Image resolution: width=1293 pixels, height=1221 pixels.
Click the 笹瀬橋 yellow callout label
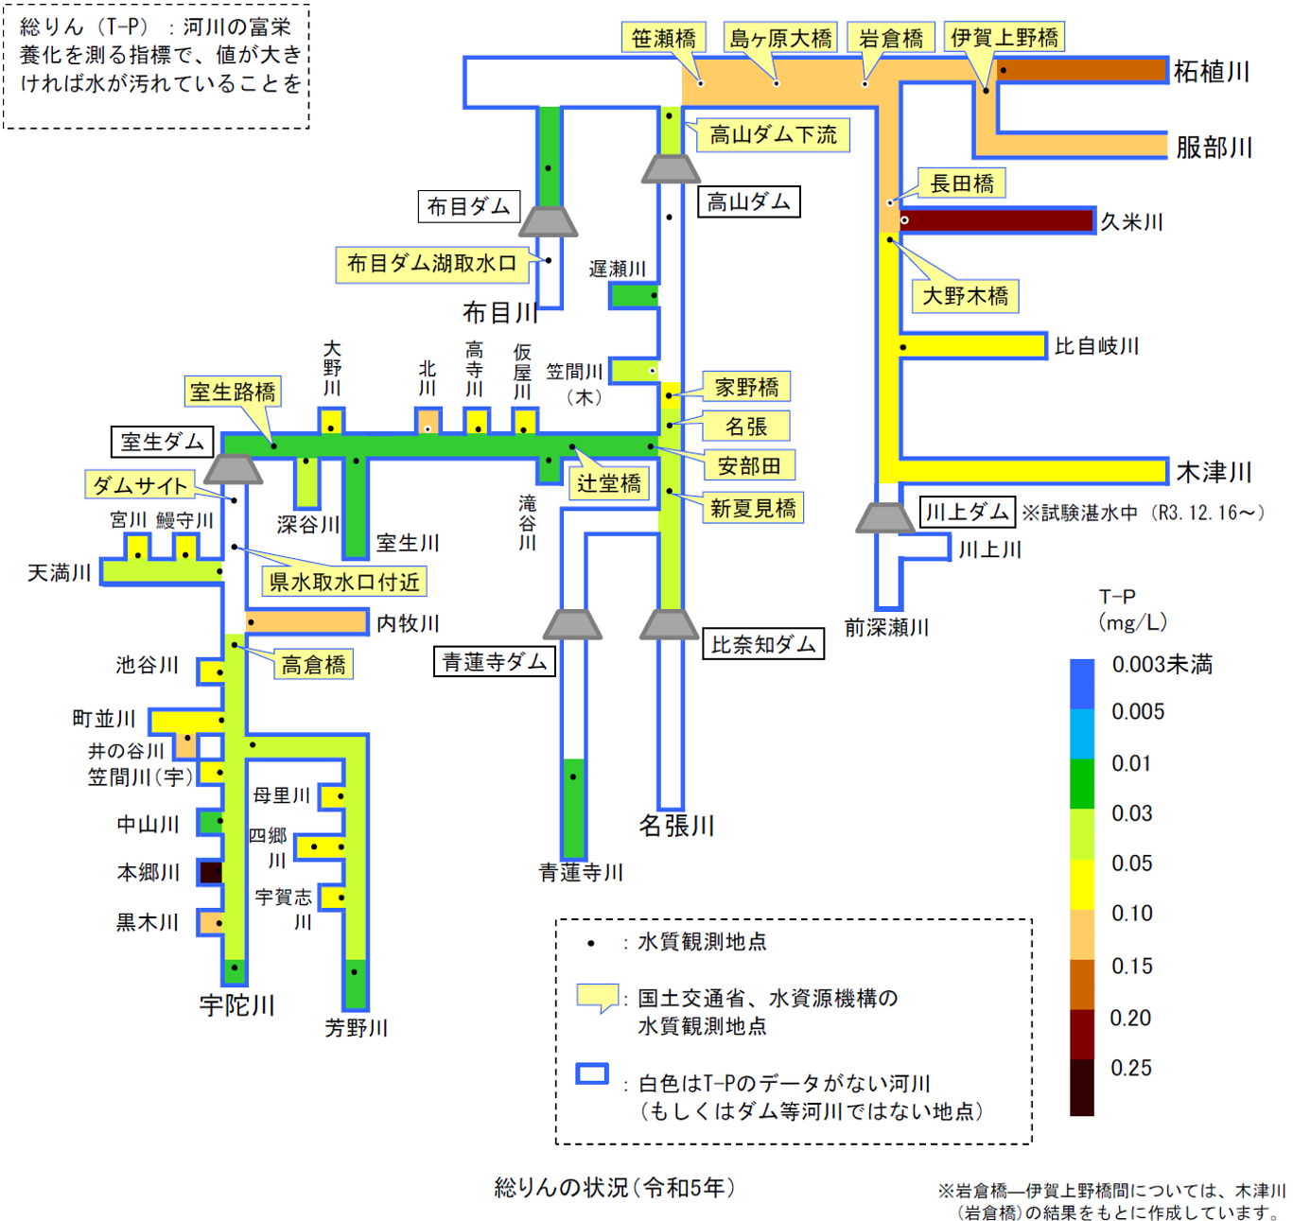click(664, 38)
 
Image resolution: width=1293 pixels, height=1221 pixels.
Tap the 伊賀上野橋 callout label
click(1005, 37)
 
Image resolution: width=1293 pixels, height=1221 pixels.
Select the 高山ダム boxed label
click(749, 201)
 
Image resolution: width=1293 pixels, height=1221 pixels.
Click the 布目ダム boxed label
click(469, 206)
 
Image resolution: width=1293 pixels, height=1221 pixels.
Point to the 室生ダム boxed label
click(163, 442)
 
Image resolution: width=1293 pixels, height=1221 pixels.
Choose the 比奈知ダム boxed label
click(763, 645)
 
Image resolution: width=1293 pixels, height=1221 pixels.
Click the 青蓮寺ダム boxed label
click(495, 661)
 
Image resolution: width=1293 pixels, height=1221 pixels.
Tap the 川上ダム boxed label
click(967, 512)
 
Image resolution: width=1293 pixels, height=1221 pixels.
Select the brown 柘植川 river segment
click(1083, 71)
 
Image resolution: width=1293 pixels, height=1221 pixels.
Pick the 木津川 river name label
click(1214, 471)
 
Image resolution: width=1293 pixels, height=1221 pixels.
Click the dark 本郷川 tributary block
click(211, 872)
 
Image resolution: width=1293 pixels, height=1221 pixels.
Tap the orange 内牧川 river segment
click(307, 622)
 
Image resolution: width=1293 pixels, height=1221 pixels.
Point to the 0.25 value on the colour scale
click(1131, 1068)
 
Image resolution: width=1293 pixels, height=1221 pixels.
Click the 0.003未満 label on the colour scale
click(1162, 665)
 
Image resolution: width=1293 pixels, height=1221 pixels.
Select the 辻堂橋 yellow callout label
click(609, 483)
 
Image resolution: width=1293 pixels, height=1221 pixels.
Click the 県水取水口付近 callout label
click(344, 582)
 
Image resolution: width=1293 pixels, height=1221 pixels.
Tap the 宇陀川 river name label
click(236, 1004)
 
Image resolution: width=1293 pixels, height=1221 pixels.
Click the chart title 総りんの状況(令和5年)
click(615, 1187)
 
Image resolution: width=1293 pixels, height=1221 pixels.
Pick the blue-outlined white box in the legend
click(592, 1073)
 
